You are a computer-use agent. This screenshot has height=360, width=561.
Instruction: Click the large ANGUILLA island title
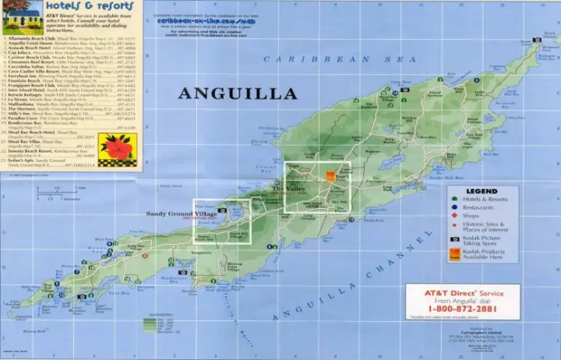[238, 94]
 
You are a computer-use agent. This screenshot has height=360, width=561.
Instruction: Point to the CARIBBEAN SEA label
[303, 58]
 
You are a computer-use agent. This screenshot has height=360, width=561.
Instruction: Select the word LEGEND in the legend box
[482, 192]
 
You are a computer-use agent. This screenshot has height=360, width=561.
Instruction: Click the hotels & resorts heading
[87, 7]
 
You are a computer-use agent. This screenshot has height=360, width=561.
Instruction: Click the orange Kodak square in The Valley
[331, 176]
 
